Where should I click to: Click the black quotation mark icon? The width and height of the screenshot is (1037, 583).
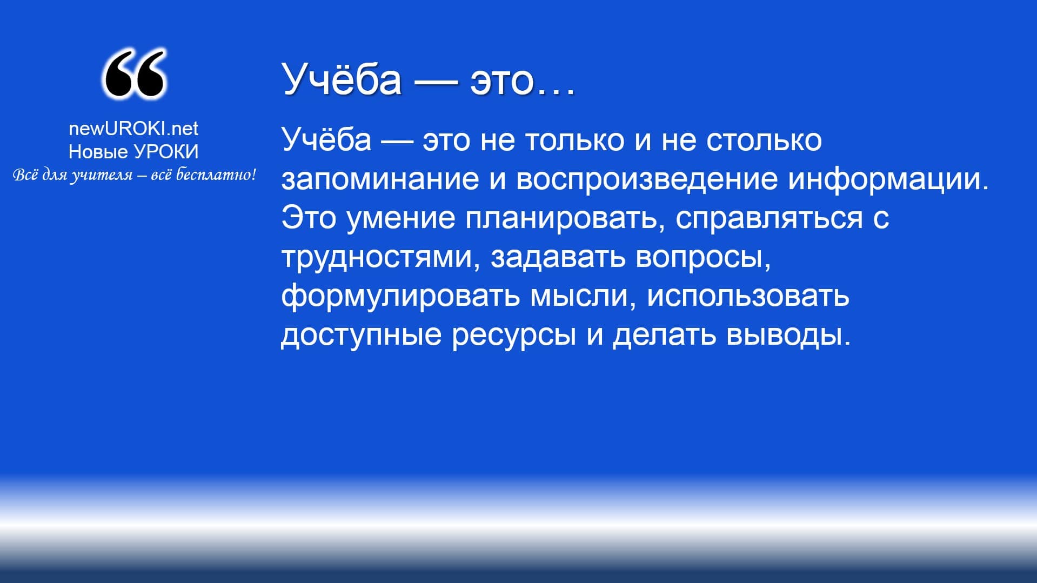coord(133,74)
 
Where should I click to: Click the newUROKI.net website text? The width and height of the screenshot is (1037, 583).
coord(133,128)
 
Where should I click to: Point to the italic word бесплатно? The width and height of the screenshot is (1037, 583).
coord(216,175)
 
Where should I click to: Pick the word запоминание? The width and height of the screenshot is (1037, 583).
coord(380,179)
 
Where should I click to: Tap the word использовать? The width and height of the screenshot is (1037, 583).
coord(748,296)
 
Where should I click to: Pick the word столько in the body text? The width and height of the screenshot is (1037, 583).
coord(764,140)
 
